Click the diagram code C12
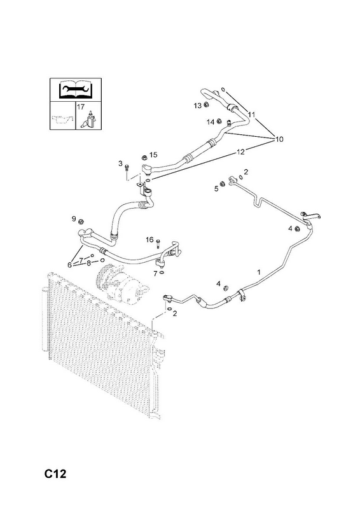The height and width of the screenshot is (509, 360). (55, 473)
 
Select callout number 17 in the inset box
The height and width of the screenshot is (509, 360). (81, 106)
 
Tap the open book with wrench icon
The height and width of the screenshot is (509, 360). (76, 89)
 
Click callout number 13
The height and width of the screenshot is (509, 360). (198, 106)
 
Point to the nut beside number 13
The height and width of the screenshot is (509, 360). (206, 104)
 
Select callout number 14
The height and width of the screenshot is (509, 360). (211, 122)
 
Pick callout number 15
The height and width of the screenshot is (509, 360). (153, 155)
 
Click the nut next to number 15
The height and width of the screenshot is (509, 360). (144, 157)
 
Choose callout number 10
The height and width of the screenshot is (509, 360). (279, 139)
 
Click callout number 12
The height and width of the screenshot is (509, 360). (241, 151)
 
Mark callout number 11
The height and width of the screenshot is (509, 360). (252, 115)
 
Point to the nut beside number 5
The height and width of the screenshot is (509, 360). (223, 184)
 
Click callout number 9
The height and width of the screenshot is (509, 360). (74, 219)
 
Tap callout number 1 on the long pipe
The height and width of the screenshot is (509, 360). (259, 272)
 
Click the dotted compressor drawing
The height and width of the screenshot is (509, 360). (121, 283)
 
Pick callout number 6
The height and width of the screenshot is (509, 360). (69, 265)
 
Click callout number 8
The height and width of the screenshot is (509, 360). (88, 263)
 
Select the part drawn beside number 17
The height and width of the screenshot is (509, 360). (89, 120)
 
